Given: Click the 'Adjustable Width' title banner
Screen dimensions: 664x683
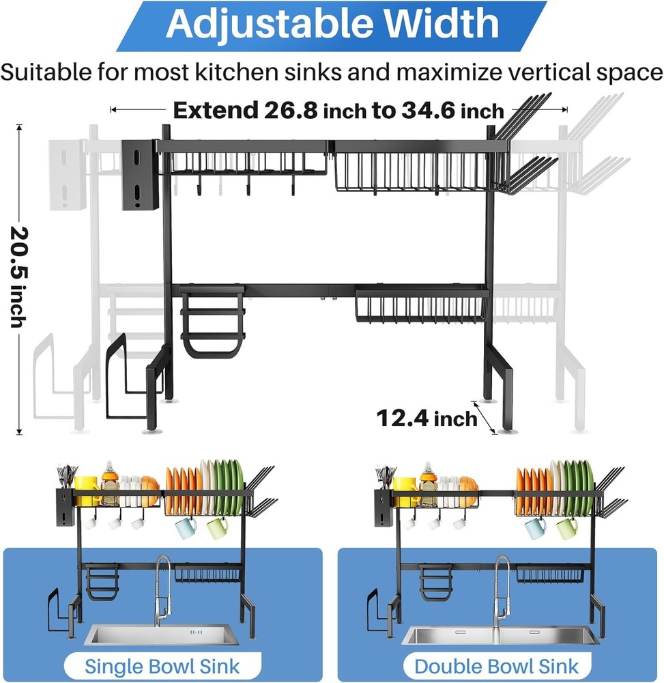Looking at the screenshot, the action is click(x=332, y=25).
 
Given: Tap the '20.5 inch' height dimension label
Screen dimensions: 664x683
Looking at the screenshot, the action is click(x=19, y=277).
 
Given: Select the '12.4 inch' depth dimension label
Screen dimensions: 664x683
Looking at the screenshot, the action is click(x=427, y=419).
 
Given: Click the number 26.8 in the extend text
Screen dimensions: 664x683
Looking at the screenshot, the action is click(x=291, y=110).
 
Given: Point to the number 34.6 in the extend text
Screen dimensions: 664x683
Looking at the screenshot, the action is click(x=428, y=110).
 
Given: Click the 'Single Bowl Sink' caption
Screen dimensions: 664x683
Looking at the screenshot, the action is click(x=162, y=667).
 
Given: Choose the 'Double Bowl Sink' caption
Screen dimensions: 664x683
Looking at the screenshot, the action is click(x=497, y=667).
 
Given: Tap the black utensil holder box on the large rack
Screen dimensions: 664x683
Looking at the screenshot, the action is click(x=139, y=175).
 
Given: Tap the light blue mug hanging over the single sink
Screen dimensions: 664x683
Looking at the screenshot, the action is click(x=186, y=527).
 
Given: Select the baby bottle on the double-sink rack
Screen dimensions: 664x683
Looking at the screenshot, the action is click(x=428, y=484).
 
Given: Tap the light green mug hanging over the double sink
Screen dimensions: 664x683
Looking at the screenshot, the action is click(x=567, y=528).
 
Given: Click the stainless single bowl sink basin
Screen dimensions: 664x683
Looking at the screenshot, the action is click(x=162, y=635).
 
